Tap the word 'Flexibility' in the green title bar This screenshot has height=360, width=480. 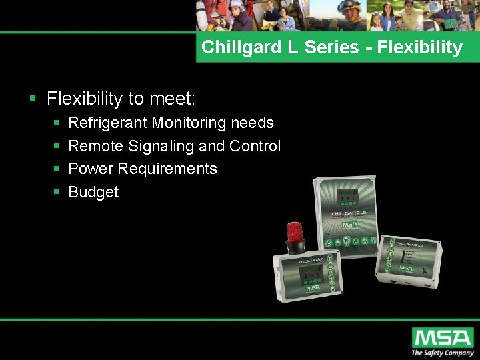point(420,47)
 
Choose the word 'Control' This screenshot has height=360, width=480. point(255,146)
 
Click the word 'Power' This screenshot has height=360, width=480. point(89,169)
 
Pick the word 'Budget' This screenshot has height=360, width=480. point(93,192)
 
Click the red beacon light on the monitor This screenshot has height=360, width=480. point(295,233)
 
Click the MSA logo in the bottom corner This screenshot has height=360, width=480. point(442,337)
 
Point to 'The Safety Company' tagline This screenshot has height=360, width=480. point(442,353)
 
